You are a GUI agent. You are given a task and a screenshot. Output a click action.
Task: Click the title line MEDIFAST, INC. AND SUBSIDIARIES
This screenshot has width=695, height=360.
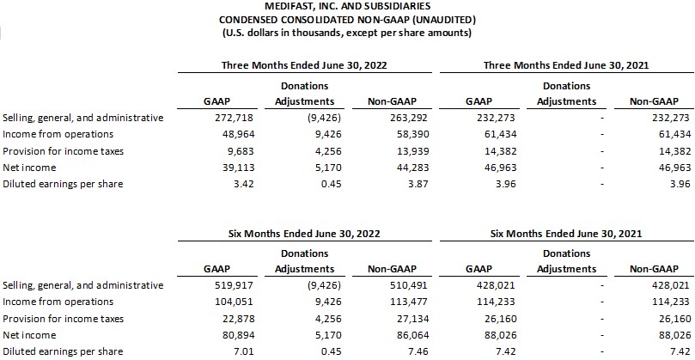tap(346, 7)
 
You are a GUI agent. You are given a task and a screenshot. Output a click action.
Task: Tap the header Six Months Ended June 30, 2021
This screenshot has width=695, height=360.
tap(566, 233)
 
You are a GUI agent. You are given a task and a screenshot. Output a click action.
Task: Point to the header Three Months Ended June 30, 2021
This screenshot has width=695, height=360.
tap(566, 65)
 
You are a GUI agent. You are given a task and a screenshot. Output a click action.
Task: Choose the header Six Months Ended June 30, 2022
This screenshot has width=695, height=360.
tap(304, 233)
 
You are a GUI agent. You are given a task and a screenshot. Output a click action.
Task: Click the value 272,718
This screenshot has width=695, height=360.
tap(237, 118)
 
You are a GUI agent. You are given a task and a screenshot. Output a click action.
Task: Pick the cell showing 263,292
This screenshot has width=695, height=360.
tap(412, 118)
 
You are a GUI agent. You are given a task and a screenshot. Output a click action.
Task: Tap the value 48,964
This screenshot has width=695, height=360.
tap(240, 134)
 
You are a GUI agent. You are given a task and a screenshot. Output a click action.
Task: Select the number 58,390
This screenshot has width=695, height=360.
tap(414, 134)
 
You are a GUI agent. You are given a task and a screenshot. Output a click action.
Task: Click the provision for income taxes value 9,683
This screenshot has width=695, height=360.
tap(242, 151)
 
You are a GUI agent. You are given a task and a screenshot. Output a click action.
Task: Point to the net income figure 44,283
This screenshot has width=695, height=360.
tap(414, 168)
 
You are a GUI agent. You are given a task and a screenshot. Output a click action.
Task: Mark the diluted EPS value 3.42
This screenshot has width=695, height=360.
tap(244, 184)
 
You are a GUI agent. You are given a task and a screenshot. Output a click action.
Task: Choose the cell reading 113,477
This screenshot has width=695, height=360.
tap(412, 302)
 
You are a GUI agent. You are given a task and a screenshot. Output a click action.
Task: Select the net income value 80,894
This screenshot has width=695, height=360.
tap(240, 335)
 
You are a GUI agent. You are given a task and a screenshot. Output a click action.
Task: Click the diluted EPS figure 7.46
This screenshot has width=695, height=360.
tap(419, 352)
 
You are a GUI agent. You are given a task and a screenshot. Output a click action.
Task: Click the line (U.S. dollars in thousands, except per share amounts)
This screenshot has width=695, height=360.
tap(346, 34)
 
